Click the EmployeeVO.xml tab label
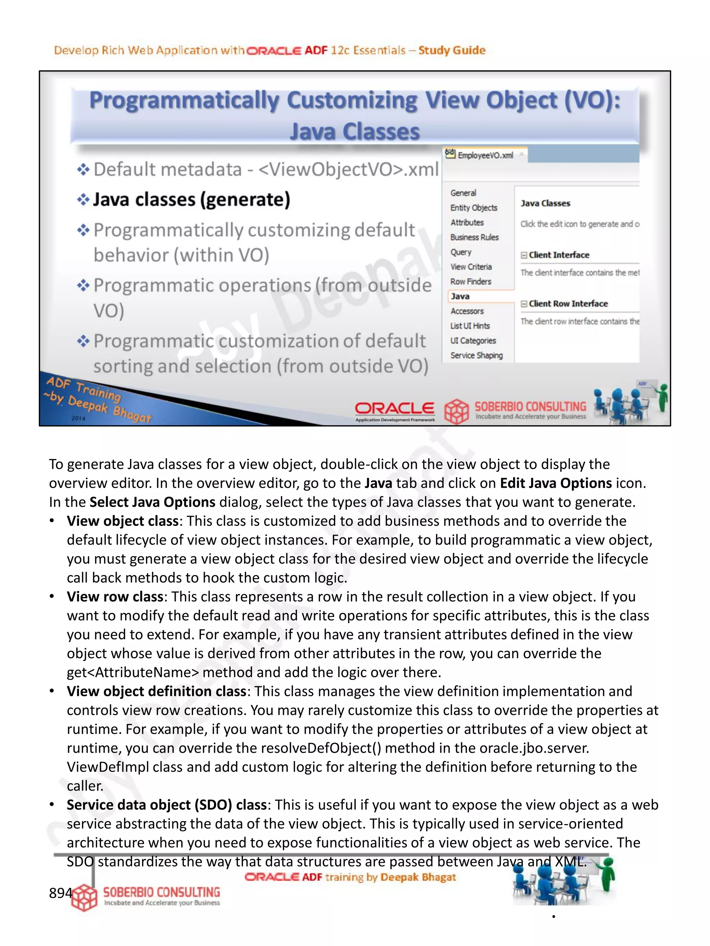pyautogui.click(x=485, y=155)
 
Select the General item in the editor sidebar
pyautogui.click(x=463, y=193)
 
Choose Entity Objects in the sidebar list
pyautogui.click(x=473, y=208)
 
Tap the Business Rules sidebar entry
pyautogui.click(x=474, y=237)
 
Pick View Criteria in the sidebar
pyautogui.click(x=471, y=267)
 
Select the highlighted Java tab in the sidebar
pyautogui.click(x=460, y=297)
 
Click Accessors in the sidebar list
pyautogui.click(x=467, y=311)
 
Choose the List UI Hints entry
pyautogui.click(x=469, y=326)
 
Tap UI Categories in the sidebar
pyautogui.click(x=473, y=341)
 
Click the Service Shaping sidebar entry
pyautogui.click(x=476, y=355)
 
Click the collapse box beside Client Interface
pyautogui.click(x=524, y=255)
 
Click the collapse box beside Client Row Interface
pyautogui.click(x=524, y=304)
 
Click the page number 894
pyautogui.click(x=60, y=893)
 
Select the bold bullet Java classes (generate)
pyautogui.click(x=191, y=200)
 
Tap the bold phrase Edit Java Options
pyautogui.click(x=555, y=483)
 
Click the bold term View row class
pyautogui.click(x=115, y=596)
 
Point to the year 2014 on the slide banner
pyautogui.click(x=78, y=418)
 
